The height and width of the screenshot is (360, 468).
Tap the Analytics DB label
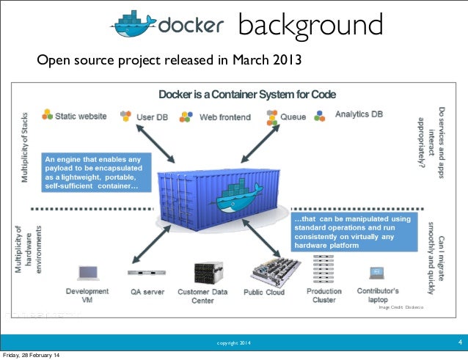click(x=359, y=115)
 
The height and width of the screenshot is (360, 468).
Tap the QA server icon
click(x=142, y=273)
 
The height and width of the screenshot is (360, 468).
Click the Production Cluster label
click(x=323, y=295)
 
